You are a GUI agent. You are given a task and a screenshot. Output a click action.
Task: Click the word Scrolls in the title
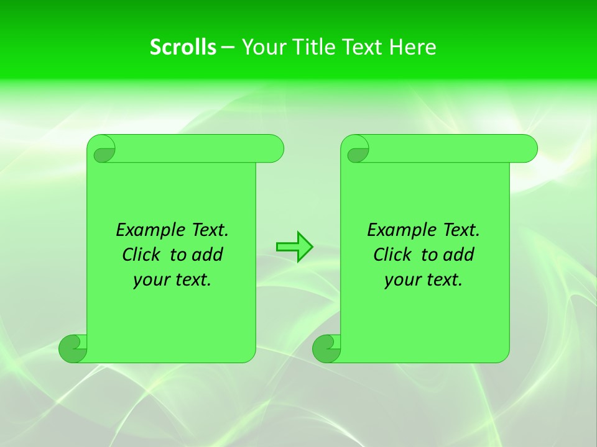pos(183,47)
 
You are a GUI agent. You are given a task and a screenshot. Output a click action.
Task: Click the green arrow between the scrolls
pos(294,247)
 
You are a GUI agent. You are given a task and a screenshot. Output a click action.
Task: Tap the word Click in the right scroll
pos(392,255)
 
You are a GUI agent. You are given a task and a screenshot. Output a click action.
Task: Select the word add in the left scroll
pos(208,255)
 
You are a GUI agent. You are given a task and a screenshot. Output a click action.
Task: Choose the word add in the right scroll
pos(460,255)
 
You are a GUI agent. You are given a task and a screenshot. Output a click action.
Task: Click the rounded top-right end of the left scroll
pos(274,148)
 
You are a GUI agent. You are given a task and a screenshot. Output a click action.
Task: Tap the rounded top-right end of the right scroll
pos(527,148)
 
